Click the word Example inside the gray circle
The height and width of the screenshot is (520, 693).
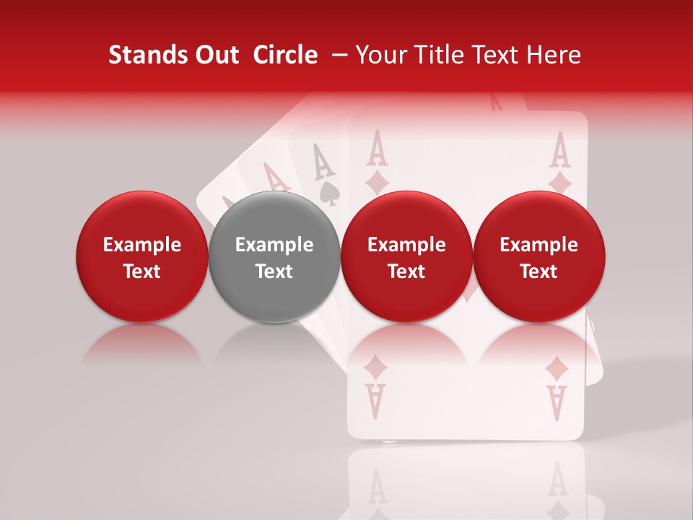(x=274, y=245)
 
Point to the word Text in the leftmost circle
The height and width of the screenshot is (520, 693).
(x=142, y=272)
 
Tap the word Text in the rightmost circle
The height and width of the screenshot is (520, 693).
(x=539, y=272)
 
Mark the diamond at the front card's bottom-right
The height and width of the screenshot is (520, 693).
(x=557, y=370)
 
